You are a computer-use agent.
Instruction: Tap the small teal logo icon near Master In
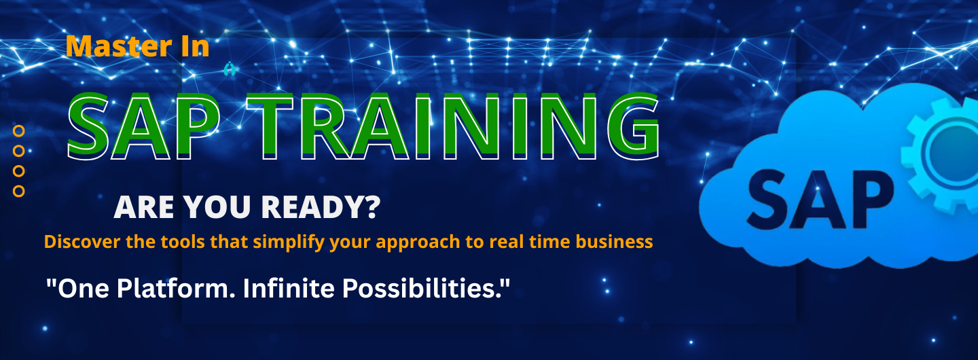point(230,69)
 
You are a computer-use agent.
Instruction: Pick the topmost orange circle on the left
point(19,130)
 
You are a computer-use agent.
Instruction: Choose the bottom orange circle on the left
point(19,191)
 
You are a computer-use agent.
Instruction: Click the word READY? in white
point(321,207)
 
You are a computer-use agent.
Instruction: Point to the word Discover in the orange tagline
point(82,242)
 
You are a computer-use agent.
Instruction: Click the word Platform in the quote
point(173,289)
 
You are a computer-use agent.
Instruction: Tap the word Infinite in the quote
point(289,289)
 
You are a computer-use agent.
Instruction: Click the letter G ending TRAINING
point(633,126)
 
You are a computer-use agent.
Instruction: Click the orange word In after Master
point(195,46)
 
